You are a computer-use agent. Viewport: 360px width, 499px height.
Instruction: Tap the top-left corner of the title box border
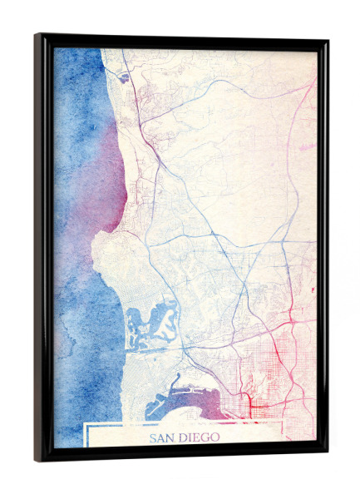pyautogui.click(x=86, y=424)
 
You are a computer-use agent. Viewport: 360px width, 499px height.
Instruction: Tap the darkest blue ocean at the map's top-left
pyautogui.click(x=71, y=67)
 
